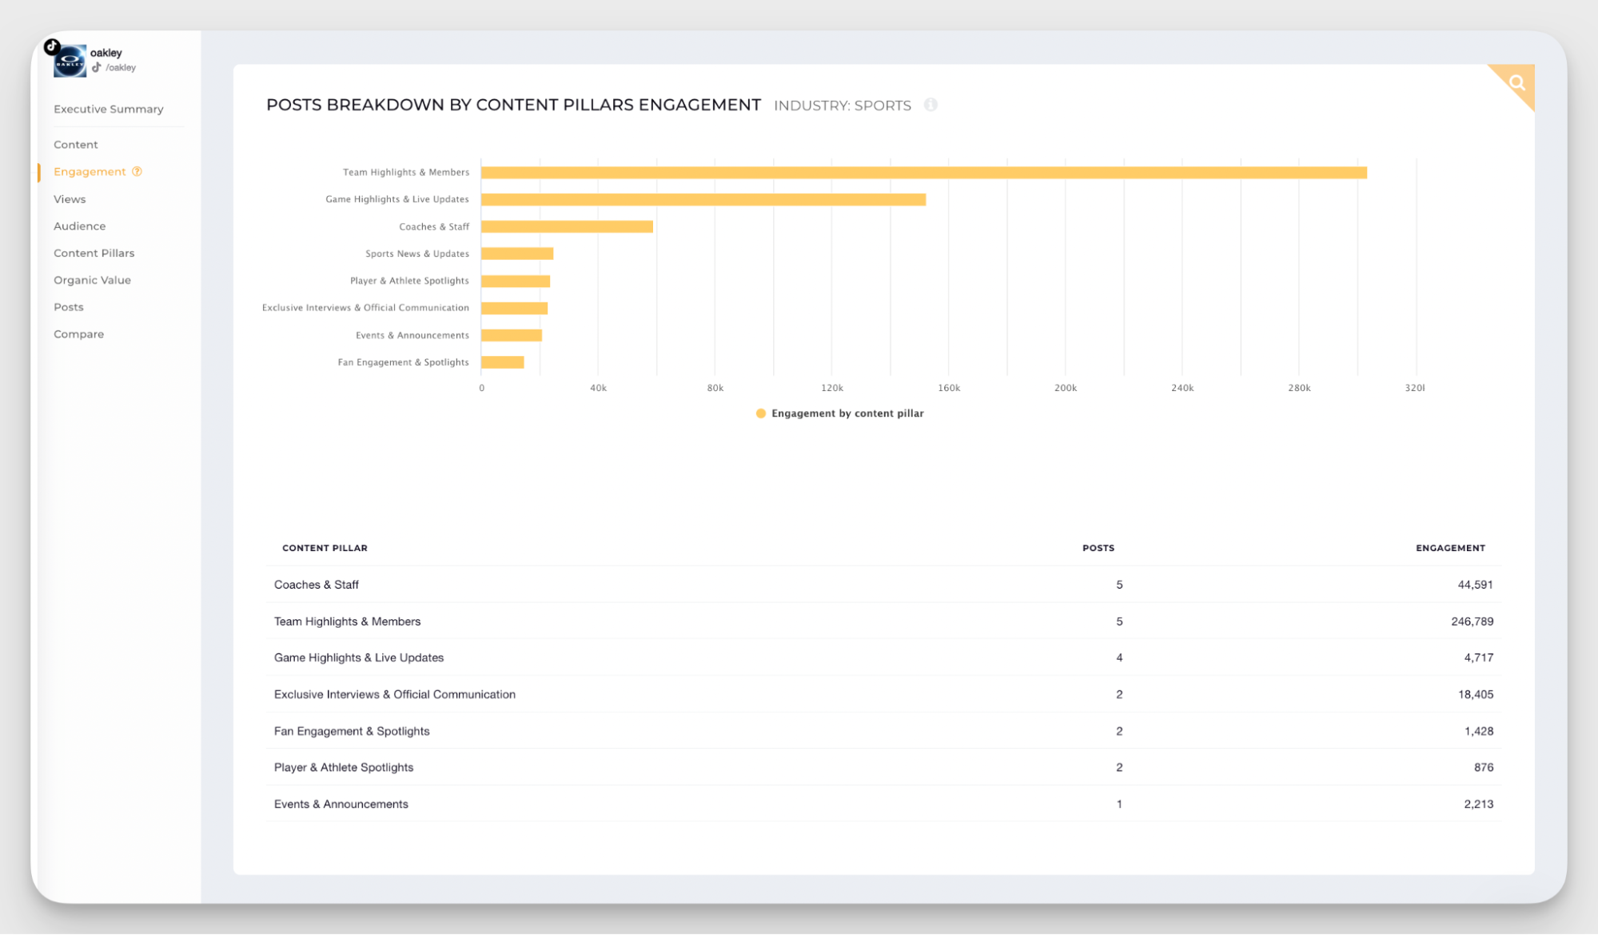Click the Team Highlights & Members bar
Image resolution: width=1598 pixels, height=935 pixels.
coord(923,173)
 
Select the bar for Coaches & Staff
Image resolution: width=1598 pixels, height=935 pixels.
coord(567,227)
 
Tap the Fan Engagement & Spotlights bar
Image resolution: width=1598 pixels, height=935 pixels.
coord(502,362)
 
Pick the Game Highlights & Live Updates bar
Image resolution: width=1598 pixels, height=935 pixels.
coord(703,200)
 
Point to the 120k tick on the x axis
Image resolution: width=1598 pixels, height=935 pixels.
coord(831,388)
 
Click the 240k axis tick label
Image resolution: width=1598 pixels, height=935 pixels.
coord(1182,388)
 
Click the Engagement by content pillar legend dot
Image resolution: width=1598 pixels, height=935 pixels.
coord(761,414)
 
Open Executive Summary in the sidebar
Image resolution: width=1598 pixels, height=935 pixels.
coord(108,110)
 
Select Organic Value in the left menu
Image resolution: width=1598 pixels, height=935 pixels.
coord(92,280)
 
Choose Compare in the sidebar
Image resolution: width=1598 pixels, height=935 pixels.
coord(78,334)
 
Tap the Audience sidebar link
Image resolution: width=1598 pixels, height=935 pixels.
coord(79,226)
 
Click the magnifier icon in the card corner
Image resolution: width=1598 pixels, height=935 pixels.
coord(1516,82)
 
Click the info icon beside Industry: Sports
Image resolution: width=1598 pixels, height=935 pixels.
coord(931,105)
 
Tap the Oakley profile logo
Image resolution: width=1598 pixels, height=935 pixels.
coord(70,62)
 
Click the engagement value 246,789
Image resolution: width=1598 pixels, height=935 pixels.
coord(1472,621)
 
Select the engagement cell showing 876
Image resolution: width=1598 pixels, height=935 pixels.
coord(1483,767)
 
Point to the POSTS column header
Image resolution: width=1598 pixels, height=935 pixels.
coord(1098,548)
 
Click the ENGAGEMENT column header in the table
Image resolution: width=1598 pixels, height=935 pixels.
coord(1449,548)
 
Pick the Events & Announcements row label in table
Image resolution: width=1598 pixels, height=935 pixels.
coord(341,804)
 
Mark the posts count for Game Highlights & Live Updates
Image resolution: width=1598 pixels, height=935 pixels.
coord(1119,657)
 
